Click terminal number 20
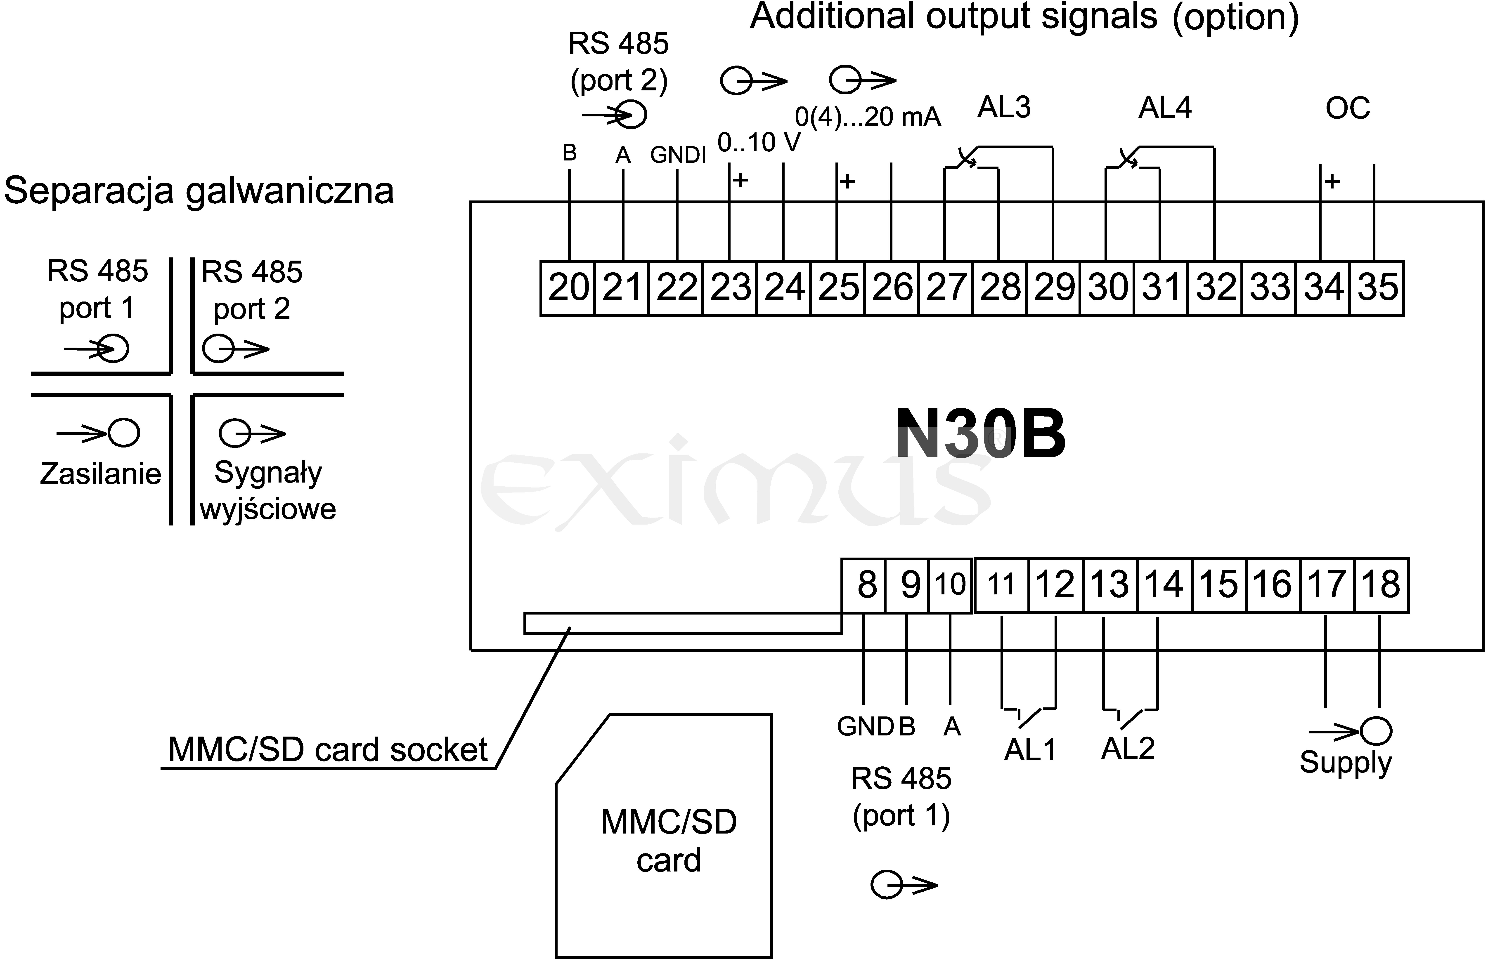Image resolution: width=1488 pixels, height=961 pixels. (x=568, y=288)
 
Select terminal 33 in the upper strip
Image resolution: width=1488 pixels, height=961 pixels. (x=1269, y=288)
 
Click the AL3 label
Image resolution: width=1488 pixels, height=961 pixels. (x=1004, y=108)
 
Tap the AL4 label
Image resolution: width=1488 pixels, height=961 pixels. (x=1165, y=108)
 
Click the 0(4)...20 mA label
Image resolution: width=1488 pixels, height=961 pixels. (x=868, y=117)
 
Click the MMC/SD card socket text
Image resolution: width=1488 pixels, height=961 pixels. (x=328, y=749)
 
